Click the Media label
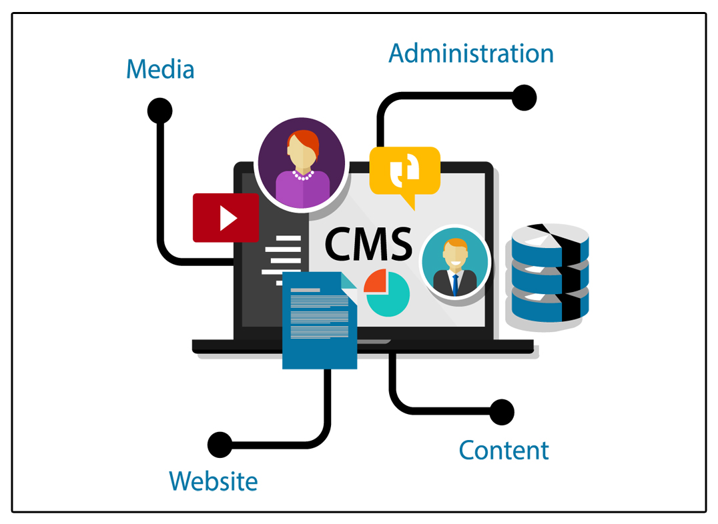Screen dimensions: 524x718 pos(160,69)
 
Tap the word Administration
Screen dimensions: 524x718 pos(471,53)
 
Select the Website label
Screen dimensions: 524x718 pos(213,481)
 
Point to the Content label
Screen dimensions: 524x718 pos(504,450)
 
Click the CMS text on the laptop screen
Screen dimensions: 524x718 pos(368,244)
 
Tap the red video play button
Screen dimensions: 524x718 pos(226,218)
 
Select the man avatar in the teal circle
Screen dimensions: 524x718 pos(454,262)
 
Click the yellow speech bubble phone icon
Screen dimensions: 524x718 pos(404,171)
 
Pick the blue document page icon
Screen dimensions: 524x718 pos(320,320)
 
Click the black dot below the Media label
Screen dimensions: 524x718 pos(159,111)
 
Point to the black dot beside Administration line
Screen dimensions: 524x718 pos(524,98)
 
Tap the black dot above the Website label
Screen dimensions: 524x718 pos(220,444)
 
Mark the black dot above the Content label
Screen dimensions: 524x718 pos(502,411)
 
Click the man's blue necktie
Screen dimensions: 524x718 pos(454,283)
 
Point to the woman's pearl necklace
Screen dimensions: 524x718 pos(302,175)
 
